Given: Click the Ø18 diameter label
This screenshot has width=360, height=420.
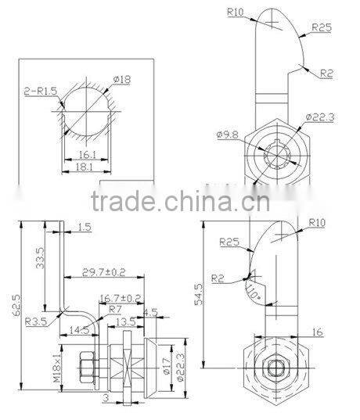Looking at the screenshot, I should click(x=122, y=78).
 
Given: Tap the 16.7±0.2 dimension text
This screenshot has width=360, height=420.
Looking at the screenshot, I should click(x=121, y=298).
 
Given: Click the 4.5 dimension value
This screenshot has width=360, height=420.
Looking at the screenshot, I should click(x=150, y=311).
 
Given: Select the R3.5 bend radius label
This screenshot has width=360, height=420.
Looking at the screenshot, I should click(x=33, y=321).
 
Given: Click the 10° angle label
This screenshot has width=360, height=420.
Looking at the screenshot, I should click(x=251, y=293).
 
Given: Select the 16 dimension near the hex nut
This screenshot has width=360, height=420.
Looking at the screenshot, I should click(x=316, y=332).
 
